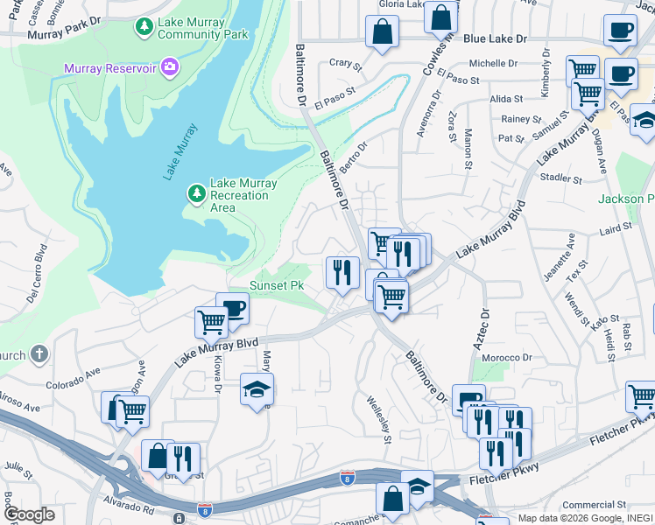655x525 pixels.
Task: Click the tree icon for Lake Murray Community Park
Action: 144,27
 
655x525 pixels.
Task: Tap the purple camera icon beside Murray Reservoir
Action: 170,67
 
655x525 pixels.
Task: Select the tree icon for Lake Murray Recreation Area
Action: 198,192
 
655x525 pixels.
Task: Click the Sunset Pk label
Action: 277,286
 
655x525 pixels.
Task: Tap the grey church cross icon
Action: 38,354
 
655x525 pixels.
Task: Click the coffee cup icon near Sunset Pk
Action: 233,307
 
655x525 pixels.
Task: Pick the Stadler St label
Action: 562,179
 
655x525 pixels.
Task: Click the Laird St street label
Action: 616,227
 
